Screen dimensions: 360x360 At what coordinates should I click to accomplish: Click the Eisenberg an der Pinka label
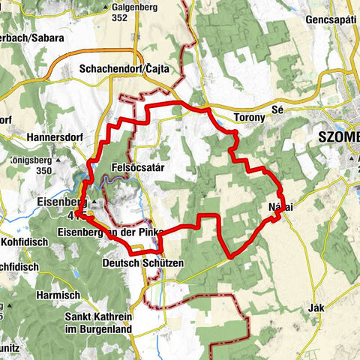(109, 232)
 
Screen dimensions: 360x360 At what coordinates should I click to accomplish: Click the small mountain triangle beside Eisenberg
(97, 202)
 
